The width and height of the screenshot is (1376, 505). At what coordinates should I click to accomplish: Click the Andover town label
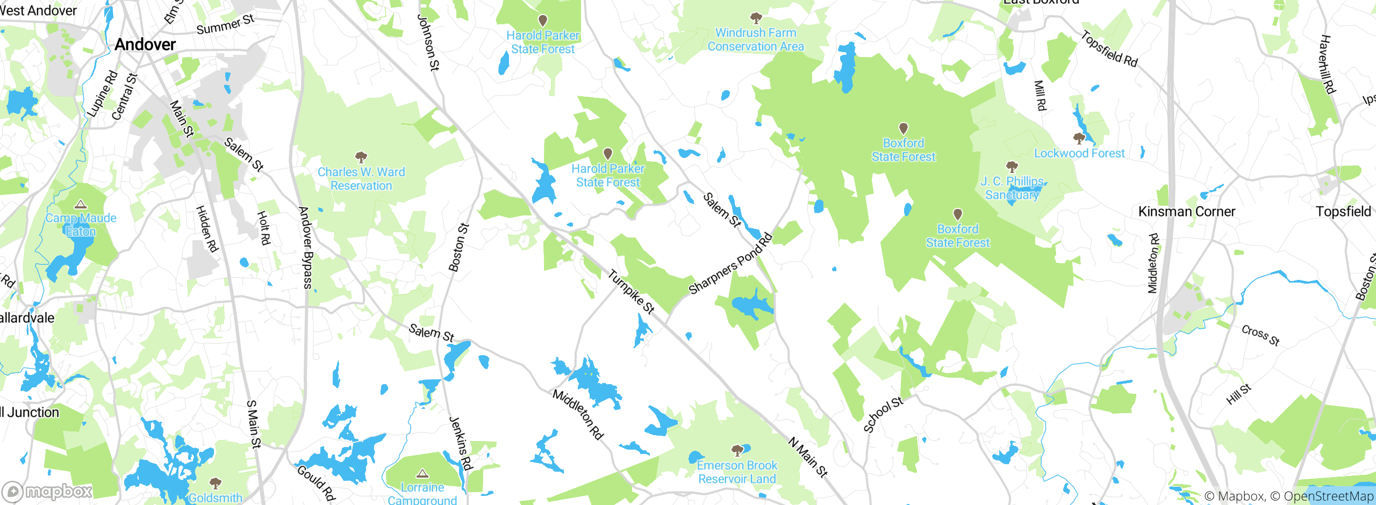coord(145,45)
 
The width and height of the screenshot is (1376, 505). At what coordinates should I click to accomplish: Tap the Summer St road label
coord(225,25)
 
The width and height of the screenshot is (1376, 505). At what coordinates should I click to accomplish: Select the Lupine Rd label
coord(103,93)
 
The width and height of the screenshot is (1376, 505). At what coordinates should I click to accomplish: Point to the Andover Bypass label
coord(305,248)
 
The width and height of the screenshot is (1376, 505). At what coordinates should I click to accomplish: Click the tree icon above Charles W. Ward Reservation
coord(361,157)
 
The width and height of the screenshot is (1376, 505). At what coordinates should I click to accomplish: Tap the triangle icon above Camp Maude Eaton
coord(81,204)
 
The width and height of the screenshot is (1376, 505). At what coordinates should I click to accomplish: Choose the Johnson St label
coord(428,42)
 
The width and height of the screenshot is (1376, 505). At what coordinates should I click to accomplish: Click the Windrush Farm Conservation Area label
coord(756,40)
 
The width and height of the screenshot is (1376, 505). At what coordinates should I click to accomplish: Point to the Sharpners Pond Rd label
coord(730,264)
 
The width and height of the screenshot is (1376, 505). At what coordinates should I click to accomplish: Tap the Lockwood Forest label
coord(1079,154)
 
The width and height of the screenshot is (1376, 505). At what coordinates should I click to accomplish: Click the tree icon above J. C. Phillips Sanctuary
coord(1012,167)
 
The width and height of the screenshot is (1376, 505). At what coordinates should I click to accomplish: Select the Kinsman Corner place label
coord(1187,212)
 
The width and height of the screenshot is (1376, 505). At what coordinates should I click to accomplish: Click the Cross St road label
coord(1260,336)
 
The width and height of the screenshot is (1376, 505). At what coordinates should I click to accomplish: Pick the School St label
coord(883,414)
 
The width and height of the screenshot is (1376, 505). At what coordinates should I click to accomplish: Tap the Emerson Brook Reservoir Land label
coord(737,472)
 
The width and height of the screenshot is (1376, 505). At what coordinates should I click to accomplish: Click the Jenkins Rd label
coord(461,443)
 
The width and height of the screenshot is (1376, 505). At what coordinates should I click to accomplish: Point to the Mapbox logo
coord(47,492)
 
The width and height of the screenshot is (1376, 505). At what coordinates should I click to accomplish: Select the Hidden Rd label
coord(206,229)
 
